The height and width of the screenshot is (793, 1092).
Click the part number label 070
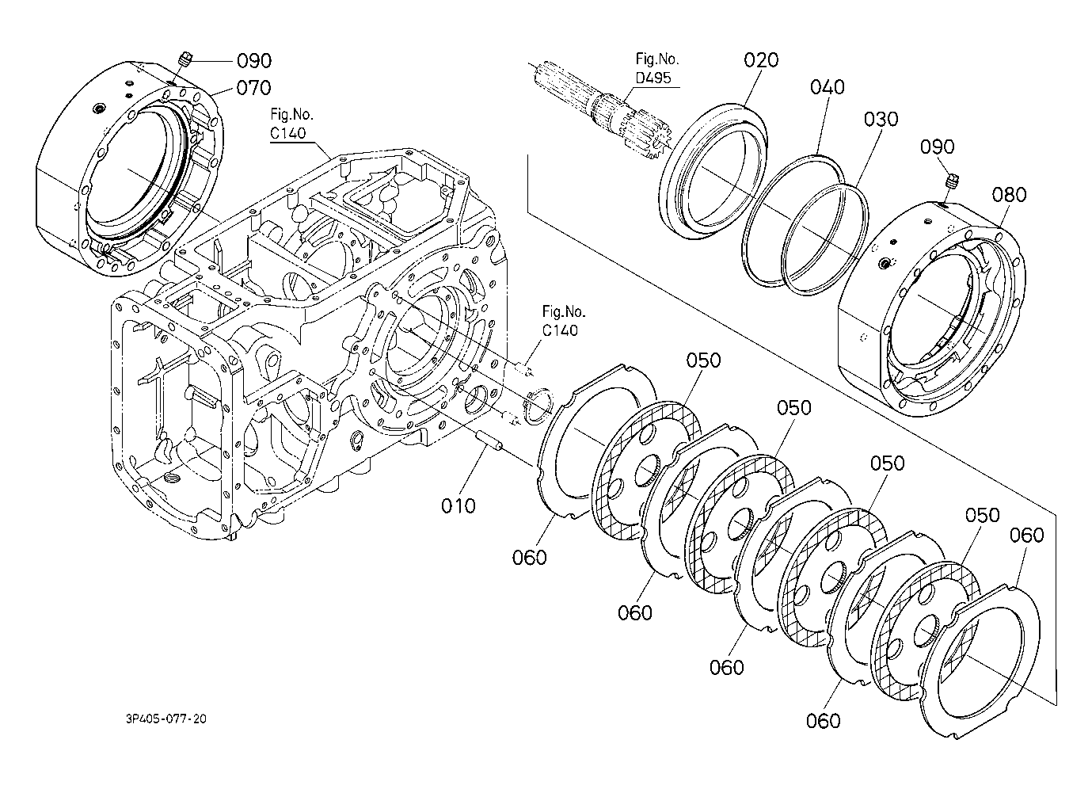253,88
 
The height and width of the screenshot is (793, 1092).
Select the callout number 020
761,60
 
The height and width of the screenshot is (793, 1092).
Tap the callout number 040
828,87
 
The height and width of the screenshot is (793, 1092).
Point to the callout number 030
881,120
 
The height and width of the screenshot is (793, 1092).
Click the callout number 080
1009,195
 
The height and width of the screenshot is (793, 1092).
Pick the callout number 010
458,506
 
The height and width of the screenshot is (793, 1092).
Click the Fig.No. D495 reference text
656,68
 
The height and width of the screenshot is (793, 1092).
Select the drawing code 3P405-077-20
166,719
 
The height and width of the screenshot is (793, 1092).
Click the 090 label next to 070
254,61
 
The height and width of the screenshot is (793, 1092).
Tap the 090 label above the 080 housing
937,147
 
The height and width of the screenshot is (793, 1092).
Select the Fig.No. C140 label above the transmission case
291,124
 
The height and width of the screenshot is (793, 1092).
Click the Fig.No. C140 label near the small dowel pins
563,321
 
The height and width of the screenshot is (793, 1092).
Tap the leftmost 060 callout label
529,558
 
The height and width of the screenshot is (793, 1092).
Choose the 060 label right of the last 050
1026,536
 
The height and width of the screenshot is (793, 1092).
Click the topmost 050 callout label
703,361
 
